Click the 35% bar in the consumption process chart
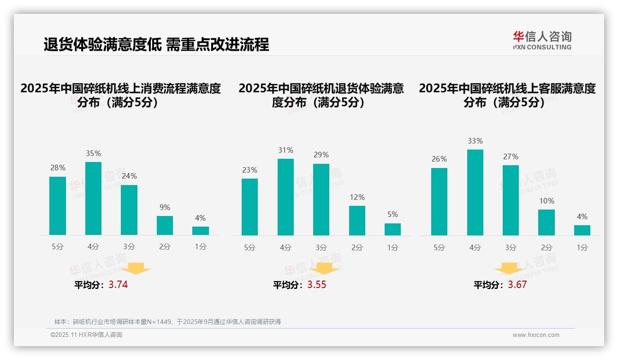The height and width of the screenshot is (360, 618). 93,198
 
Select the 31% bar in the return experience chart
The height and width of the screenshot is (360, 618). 285,197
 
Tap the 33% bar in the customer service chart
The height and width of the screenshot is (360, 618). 475,192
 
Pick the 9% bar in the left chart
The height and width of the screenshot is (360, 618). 165,225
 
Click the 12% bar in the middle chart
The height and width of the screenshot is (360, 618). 357,221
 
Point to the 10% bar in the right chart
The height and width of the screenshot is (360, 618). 547,222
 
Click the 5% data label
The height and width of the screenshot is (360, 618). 392,214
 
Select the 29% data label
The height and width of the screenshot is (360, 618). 321,155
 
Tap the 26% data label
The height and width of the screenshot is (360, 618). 439,159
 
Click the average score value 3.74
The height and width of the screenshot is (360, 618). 118,285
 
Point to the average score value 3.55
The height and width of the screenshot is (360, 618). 317,285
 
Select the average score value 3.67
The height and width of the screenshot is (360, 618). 517,285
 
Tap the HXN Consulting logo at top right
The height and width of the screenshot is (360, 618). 542,41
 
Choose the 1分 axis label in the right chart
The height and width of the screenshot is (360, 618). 582,247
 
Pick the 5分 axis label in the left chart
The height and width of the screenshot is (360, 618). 58,246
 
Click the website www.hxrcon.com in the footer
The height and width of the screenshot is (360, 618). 536,335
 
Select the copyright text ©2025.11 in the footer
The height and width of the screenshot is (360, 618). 86,335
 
